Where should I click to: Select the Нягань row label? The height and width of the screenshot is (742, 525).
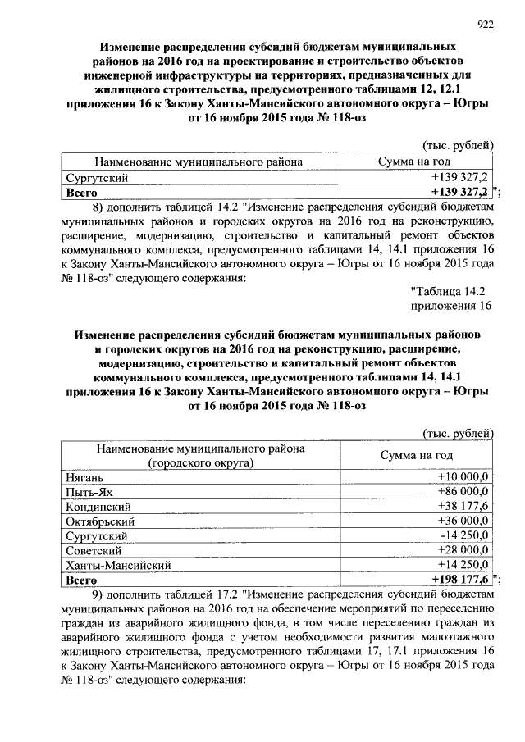pyautogui.click(x=84, y=476)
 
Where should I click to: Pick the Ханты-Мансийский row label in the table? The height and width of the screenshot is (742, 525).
pyautogui.click(x=117, y=565)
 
